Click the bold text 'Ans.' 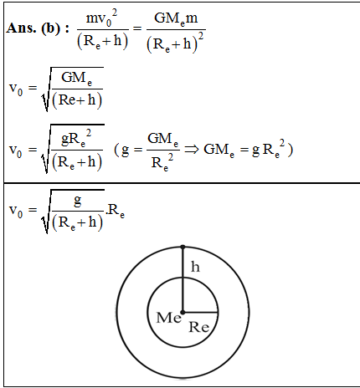(21, 28)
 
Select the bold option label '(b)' (51, 28)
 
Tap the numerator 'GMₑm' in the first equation (176, 18)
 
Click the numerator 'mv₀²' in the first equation (102, 18)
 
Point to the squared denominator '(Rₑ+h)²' (175, 43)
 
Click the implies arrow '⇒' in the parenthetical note (192, 150)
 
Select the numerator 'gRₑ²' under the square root (76, 139)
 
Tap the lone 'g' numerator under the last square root (78, 202)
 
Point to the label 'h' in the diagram (195, 267)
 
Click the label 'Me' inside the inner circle (168, 318)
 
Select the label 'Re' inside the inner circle (198, 327)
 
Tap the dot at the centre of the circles (183, 312)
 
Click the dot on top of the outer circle (183, 247)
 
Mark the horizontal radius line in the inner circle (200, 313)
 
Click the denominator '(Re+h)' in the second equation (77, 100)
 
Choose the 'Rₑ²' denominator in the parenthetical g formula (162, 162)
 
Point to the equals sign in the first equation (137, 28)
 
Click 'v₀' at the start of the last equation (16, 211)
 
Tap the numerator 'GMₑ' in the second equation (76, 79)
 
